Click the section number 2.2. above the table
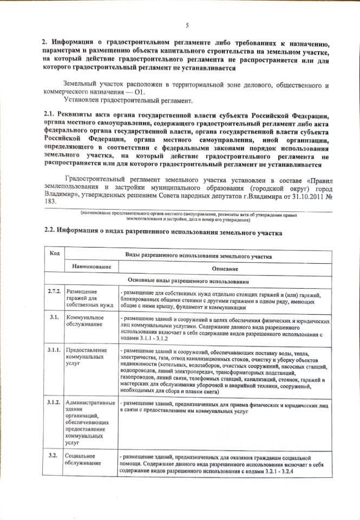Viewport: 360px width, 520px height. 51,231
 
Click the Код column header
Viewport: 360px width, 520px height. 54,255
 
